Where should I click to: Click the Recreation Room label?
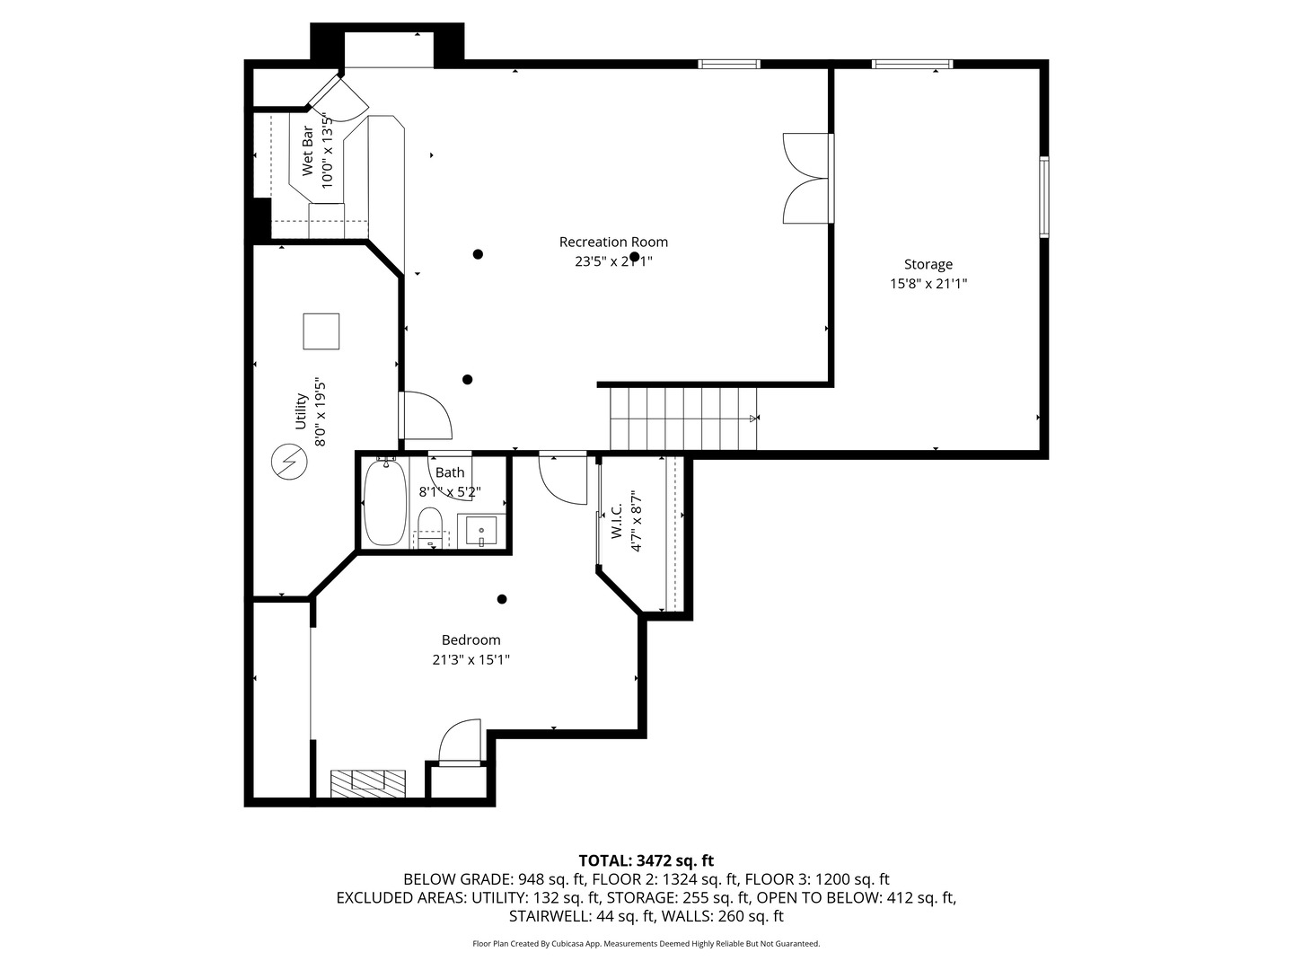613,242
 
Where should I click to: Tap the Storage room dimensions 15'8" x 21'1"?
928,284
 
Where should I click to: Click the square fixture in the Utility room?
321,331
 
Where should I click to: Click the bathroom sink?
481,531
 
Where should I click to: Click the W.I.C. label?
617,521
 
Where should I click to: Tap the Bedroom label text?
471,640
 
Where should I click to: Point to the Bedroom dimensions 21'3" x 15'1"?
471,660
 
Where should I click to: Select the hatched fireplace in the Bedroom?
368,783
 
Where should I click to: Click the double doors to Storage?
806,178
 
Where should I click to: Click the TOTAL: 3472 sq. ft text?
646,860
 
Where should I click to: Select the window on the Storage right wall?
1044,197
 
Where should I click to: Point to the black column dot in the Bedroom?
502,599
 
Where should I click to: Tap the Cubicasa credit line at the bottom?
646,944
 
